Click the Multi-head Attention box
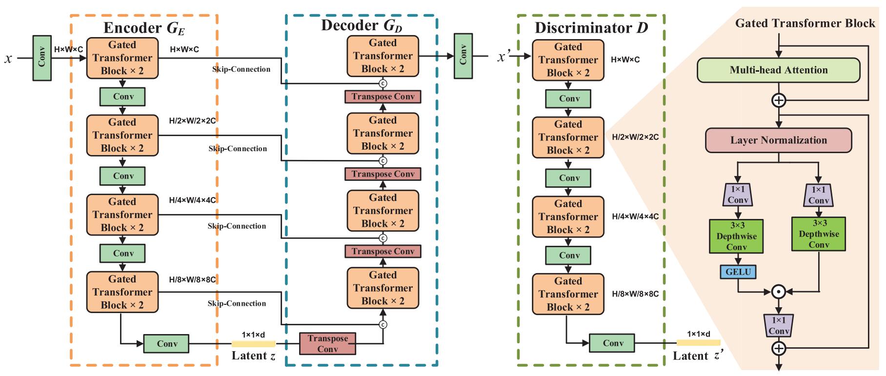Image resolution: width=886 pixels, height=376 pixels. click(778, 70)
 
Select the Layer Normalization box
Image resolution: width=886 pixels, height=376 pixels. click(778, 140)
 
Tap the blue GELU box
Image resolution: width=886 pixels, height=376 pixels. click(738, 272)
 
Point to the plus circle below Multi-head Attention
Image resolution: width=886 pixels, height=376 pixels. click(779, 100)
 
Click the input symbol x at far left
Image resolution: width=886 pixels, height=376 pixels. click(8, 59)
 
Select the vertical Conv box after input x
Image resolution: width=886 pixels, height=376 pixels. click(42, 58)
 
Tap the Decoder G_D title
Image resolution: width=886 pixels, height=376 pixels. click(362, 25)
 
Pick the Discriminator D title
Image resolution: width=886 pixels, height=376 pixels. click(591, 28)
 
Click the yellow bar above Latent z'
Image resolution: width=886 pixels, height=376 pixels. click(698, 343)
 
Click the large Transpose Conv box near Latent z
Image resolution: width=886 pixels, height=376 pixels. click(327, 344)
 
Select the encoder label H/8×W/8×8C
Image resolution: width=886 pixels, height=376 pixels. click(192, 279)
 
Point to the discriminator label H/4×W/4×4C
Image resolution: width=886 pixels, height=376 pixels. click(635, 217)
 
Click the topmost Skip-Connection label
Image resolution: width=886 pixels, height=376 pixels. click(241, 69)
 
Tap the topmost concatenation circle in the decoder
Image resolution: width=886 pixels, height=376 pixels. click(383, 84)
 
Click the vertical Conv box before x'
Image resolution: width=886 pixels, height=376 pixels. click(463, 56)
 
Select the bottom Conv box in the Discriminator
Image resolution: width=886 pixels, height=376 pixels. click(612, 343)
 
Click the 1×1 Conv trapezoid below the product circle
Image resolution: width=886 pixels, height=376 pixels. click(779, 325)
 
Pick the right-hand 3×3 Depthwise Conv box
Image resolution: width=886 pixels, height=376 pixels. click(819, 235)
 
